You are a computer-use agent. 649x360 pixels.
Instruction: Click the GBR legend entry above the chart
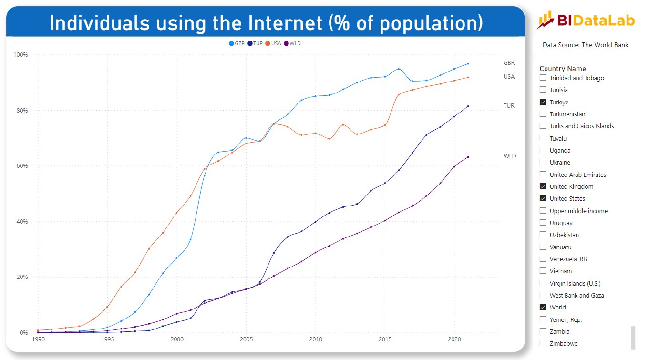coord(237,43)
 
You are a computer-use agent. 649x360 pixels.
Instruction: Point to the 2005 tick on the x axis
coord(246,339)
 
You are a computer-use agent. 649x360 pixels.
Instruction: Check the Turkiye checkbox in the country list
coord(543,102)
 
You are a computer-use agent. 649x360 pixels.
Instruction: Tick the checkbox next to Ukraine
coord(543,162)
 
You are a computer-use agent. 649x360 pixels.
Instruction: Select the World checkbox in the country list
coord(543,307)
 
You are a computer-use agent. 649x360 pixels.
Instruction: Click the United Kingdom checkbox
coord(543,186)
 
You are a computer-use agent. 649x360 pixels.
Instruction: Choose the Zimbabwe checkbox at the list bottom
coord(543,343)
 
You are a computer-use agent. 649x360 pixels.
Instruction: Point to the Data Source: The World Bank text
coord(585,45)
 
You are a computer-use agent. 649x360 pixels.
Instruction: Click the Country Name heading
coord(563,69)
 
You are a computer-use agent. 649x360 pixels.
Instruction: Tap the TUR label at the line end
coord(509,106)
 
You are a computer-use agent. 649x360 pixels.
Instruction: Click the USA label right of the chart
coord(509,77)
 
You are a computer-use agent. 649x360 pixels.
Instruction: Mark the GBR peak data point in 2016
coord(399,69)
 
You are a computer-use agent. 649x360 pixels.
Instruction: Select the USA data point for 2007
coord(274,124)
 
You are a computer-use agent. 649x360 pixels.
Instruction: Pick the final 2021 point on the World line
coord(468,157)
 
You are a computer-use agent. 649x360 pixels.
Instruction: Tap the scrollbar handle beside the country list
coord(633,337)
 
